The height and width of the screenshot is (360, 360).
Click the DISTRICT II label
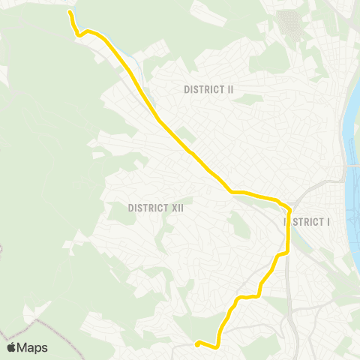point(209,89)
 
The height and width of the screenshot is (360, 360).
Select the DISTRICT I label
point(307,222)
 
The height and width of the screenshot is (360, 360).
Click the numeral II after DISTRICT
point(230,89)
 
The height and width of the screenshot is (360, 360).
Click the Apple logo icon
point(11,347)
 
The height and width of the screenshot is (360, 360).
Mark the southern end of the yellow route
point(197,344)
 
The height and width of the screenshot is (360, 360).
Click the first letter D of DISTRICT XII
point(130,208)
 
